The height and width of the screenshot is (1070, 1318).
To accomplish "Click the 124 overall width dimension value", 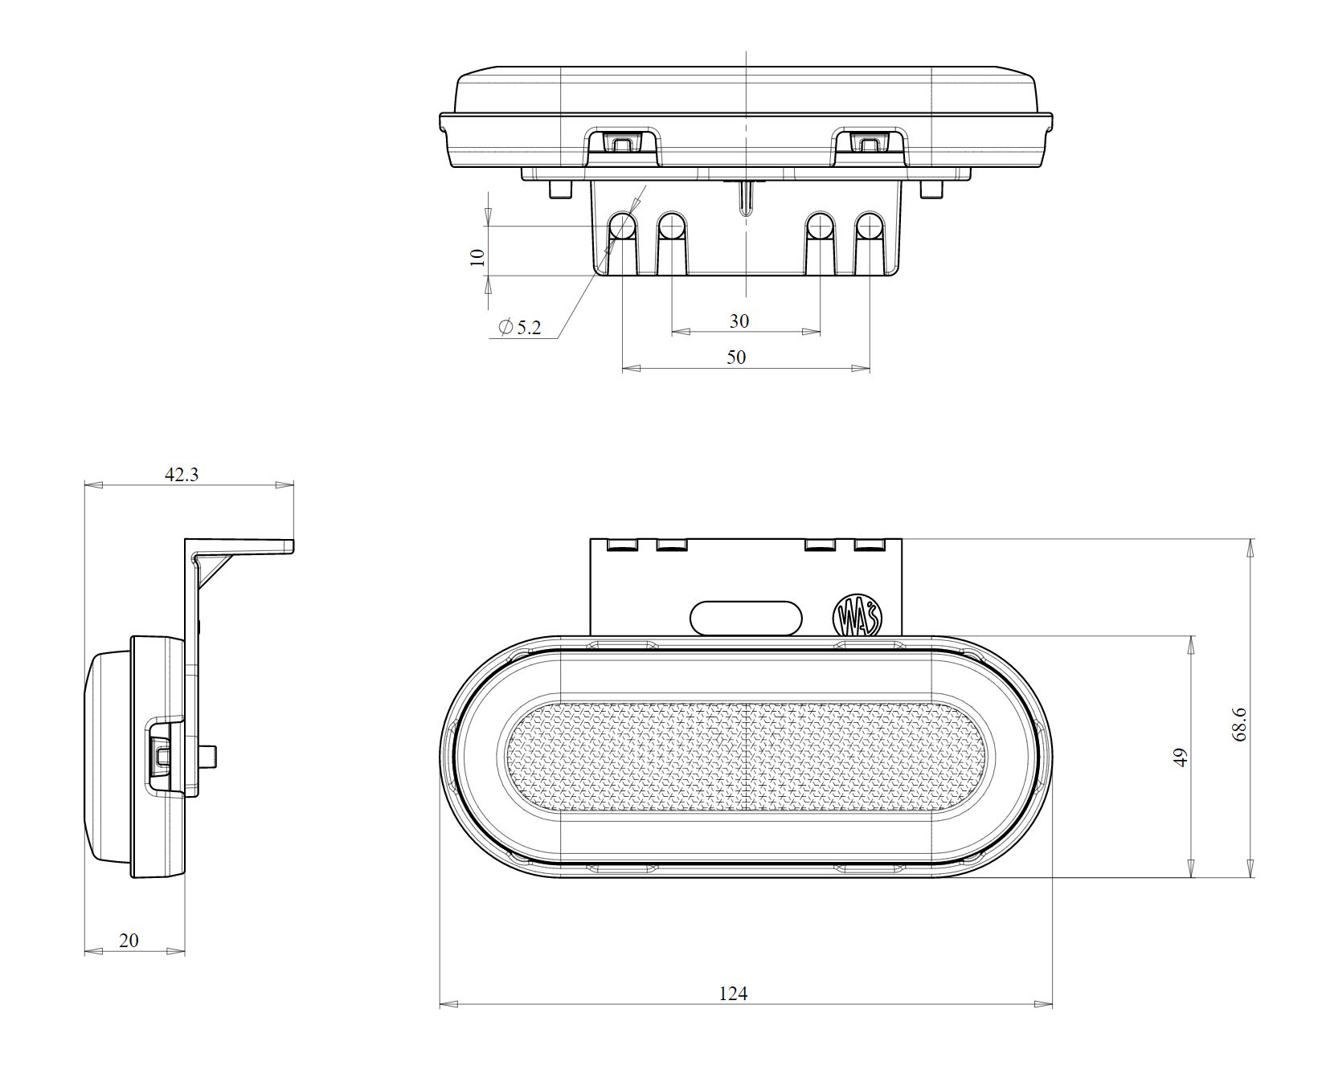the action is click(732, 994).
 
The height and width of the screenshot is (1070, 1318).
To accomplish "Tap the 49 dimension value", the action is click(1180, 758).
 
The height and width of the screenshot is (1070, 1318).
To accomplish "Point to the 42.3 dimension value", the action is click(182, 474).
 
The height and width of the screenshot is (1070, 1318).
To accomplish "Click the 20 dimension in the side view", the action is click(129, 940).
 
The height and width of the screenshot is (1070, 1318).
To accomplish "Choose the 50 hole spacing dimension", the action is click(736, 357).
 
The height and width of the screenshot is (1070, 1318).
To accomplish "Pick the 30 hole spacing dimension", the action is click(739, 321).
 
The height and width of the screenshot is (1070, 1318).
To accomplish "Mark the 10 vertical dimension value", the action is click(477, 257).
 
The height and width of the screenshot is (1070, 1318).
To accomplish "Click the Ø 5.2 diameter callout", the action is click(521, 327).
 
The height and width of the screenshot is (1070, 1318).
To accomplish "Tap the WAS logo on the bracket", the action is click(858, 617).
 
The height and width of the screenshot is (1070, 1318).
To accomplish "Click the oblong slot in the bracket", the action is click(746, 617).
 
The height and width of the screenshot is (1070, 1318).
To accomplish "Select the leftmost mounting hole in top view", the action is click(623, 228).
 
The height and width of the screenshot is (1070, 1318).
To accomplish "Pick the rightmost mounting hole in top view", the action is click(869, 228).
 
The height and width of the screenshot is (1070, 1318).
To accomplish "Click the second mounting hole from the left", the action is click(672, 228).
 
